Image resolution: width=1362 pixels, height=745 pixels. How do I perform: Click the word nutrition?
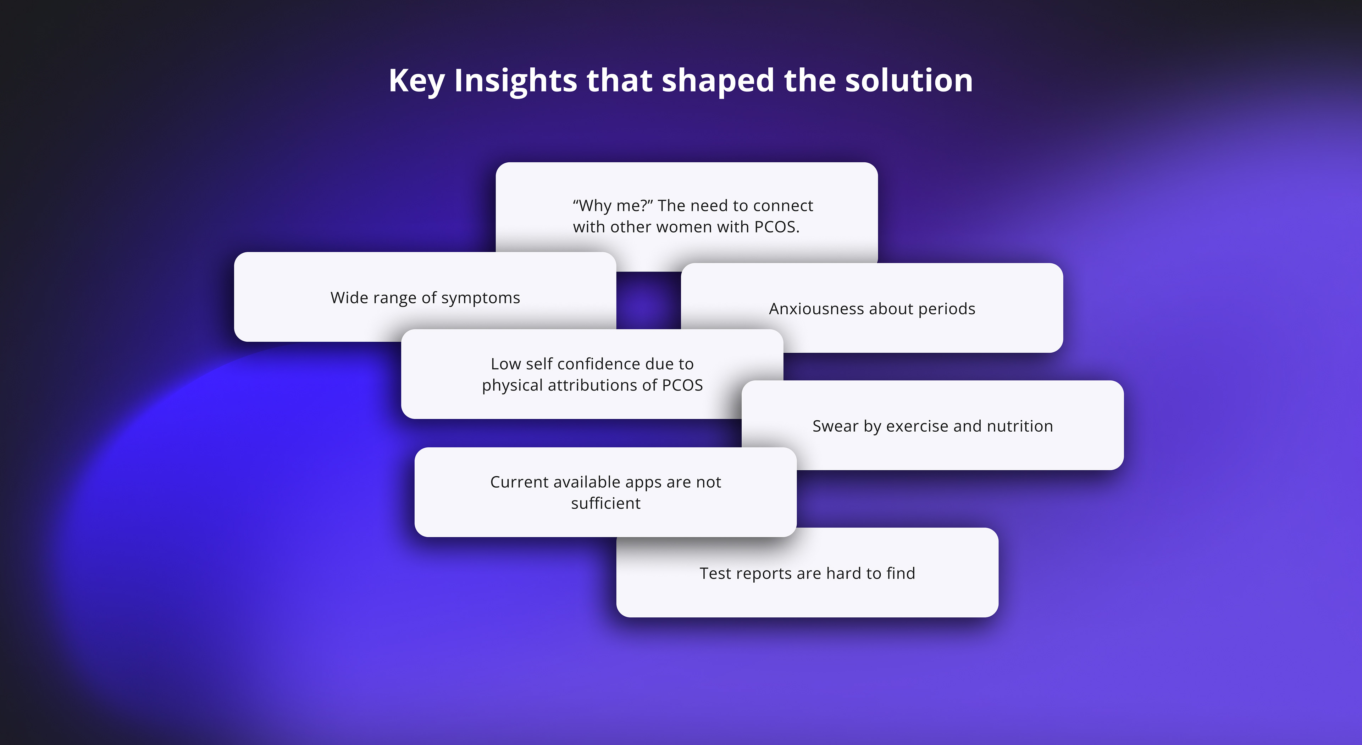pos(1020,426)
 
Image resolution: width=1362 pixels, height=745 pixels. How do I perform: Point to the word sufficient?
pos(606,503)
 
